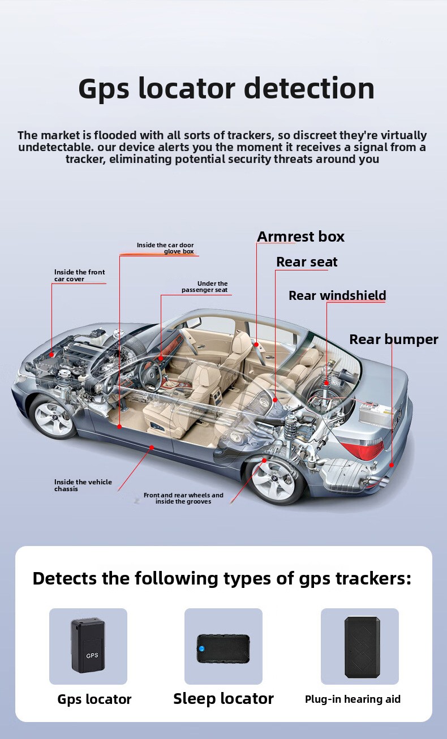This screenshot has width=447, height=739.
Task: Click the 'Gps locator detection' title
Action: pyautogui.click(x=226, y=89)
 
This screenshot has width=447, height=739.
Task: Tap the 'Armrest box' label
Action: pyautogui.click(x=300, y=237)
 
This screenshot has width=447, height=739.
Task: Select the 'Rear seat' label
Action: pyautogui.click(x=307, y=262)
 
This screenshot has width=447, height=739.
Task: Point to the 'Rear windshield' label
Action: pyautogui.click(x=337, y=295)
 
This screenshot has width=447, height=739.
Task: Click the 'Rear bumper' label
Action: pyautogui.click(x=394, y=340)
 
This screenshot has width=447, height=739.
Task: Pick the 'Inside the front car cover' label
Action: pyautogui.click(x=80, y=276)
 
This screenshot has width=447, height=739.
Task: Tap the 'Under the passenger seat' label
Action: pyautogui.click(x=204, y=287)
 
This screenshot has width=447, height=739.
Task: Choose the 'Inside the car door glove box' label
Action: pyautogui.click(x=165, y=248)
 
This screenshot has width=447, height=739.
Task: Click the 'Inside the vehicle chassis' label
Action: pyautogui.click(x=83, y=485)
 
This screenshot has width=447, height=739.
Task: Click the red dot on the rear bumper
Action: pyautogui.click(x=392, y=465)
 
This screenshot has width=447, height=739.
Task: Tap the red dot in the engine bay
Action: pyautogui.click(x=51, y=355)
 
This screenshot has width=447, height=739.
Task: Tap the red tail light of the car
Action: pyautogui.click(x=363, y=448)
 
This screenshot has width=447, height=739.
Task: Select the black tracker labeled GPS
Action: pyautogui.click(x=88, y=645)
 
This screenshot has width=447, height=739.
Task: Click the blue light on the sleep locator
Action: pyautogui.click(x=201, y=648)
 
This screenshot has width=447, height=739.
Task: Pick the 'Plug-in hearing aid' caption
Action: pyautogui.click(x=353, y=699)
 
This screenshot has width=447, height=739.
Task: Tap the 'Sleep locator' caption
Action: pyautogui.click(x=223, y=699)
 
